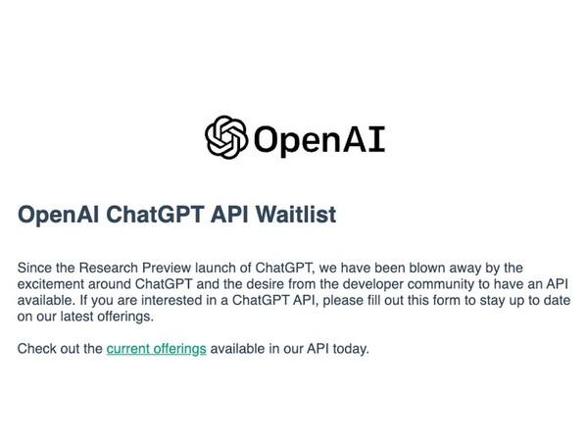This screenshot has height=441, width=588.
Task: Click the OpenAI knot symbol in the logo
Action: pos(226,137)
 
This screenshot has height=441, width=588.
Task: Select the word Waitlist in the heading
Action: pos(292,215)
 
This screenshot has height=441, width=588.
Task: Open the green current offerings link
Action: pos(156,348)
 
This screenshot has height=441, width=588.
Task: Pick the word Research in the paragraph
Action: pos(116,266)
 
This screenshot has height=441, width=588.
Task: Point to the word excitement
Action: pos(55,283)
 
